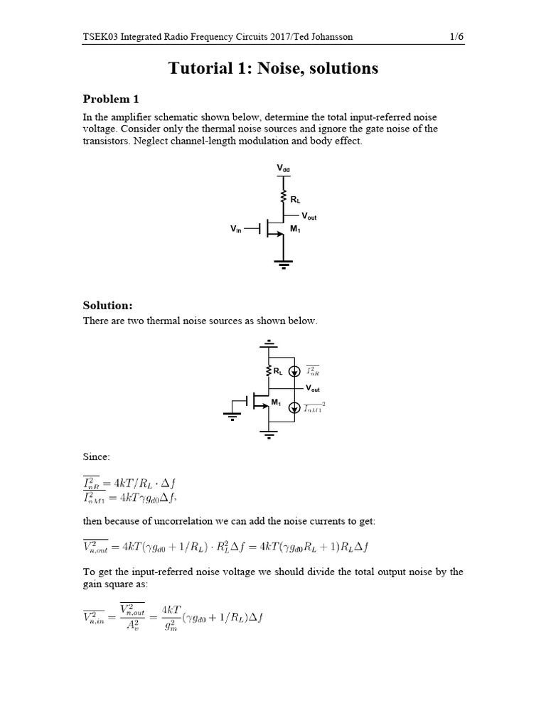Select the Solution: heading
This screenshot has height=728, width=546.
coord(108,305)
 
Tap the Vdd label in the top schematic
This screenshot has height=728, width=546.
coord(284,168)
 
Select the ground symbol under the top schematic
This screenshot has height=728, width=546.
coord(284,264)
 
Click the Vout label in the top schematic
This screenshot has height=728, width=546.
coord(310,215)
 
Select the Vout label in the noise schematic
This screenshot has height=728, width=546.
coord(314,388)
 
